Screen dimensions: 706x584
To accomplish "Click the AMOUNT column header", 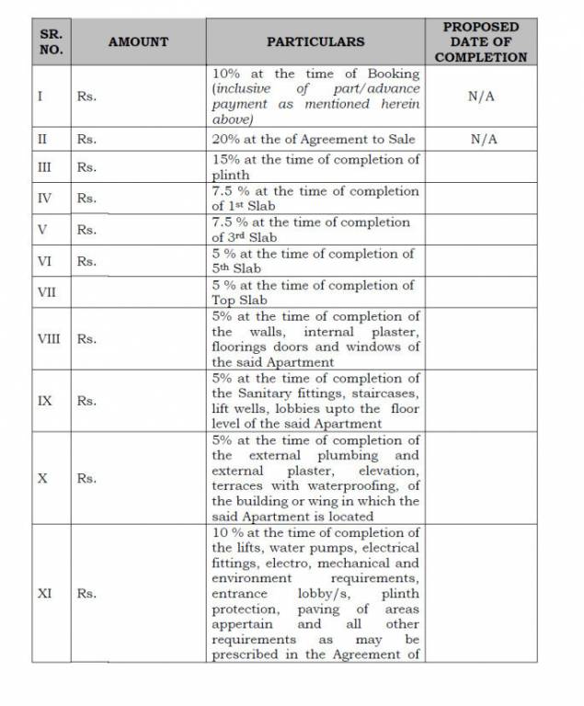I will tap(138, 41).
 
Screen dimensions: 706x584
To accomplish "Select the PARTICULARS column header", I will tap(315, 41).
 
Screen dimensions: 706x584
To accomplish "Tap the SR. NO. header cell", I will tap(52, 41).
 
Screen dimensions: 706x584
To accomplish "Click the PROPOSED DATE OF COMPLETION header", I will tap(481, 41).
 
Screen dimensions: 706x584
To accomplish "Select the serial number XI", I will tap(44, 594).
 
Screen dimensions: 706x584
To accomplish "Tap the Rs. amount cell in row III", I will tap(86, 167).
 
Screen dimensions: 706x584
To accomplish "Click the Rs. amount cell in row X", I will tap(86, 479).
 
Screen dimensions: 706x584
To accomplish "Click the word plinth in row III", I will tap(231, 175).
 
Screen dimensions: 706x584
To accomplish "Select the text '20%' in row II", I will tap(226, 140).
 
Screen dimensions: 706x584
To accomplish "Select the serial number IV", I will tap(44, 198).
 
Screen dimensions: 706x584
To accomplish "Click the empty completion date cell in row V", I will tap(481, 229).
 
